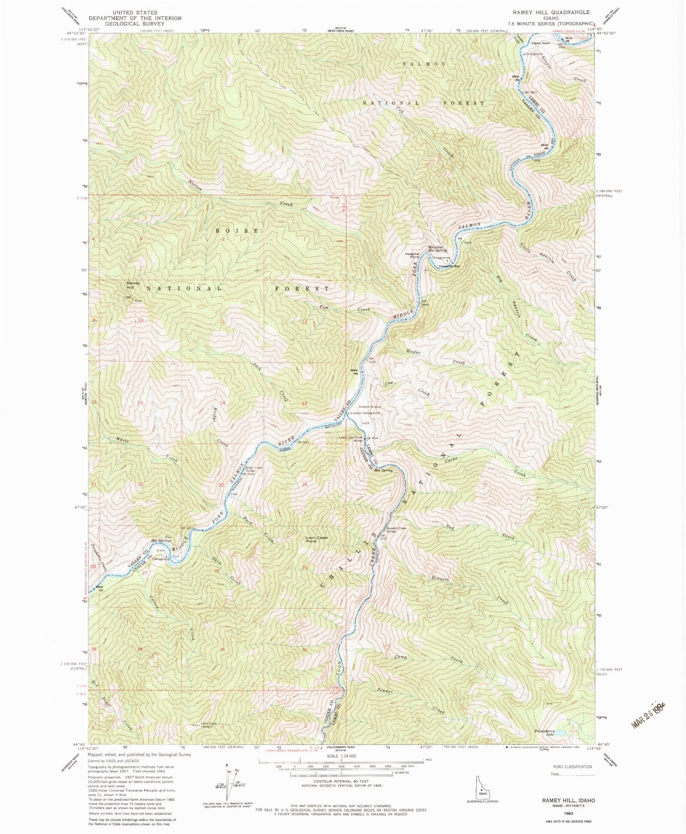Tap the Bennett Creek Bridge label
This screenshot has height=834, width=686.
(x=396, y=530)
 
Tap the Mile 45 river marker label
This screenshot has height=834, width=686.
(x=354, y=371)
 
